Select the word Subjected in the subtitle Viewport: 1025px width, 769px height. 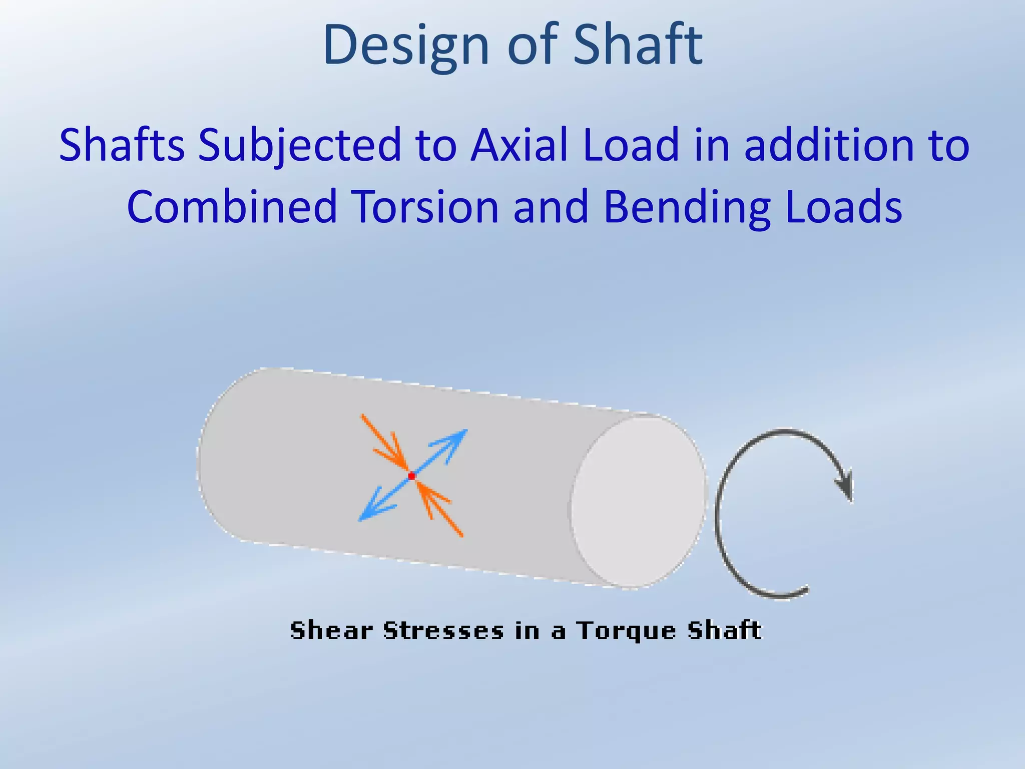tap(300, 145)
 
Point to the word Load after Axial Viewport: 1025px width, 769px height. tap(631, 145)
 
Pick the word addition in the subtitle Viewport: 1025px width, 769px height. tap(826, 145)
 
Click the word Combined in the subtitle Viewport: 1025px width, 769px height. tap(232, 207)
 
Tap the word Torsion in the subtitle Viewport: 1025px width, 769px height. tap(424, 207)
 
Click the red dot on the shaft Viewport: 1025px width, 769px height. tap(411, 476)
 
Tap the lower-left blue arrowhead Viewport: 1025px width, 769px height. tap(369, 513)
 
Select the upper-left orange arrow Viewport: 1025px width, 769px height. tap(385, 441)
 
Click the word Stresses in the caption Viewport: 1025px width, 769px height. tap(443, 630)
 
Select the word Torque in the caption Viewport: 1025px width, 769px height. tap(626, 631)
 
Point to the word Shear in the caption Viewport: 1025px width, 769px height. tap(331, 630)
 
